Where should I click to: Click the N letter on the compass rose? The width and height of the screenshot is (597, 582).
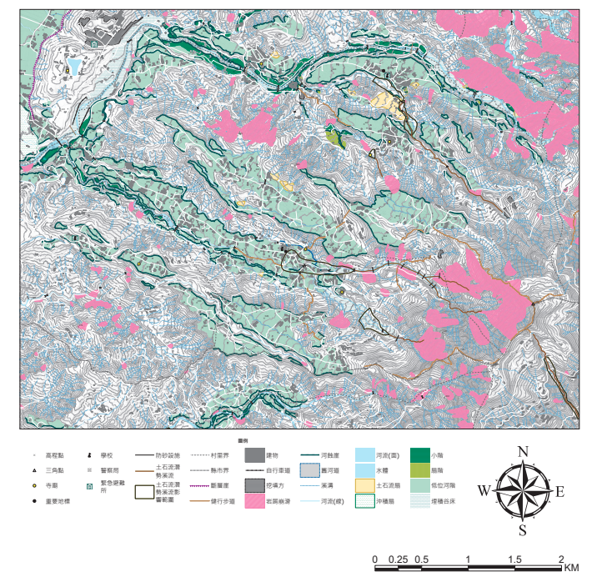(524, 452)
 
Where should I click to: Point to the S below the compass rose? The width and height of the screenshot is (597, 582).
(523, 530)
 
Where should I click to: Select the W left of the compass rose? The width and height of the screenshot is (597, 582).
(484, 491)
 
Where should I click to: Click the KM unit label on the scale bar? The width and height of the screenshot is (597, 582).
(571, 568)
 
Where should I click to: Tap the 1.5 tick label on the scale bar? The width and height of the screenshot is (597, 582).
(515, 559)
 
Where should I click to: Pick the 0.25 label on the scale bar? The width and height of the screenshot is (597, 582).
(399, 559)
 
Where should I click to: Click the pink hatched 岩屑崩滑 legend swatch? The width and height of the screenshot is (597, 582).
(254, 502)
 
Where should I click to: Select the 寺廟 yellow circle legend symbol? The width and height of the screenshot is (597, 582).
(34, 486)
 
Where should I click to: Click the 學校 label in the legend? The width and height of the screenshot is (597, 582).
(106, 456)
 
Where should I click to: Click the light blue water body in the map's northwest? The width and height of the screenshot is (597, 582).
(74, 66)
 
